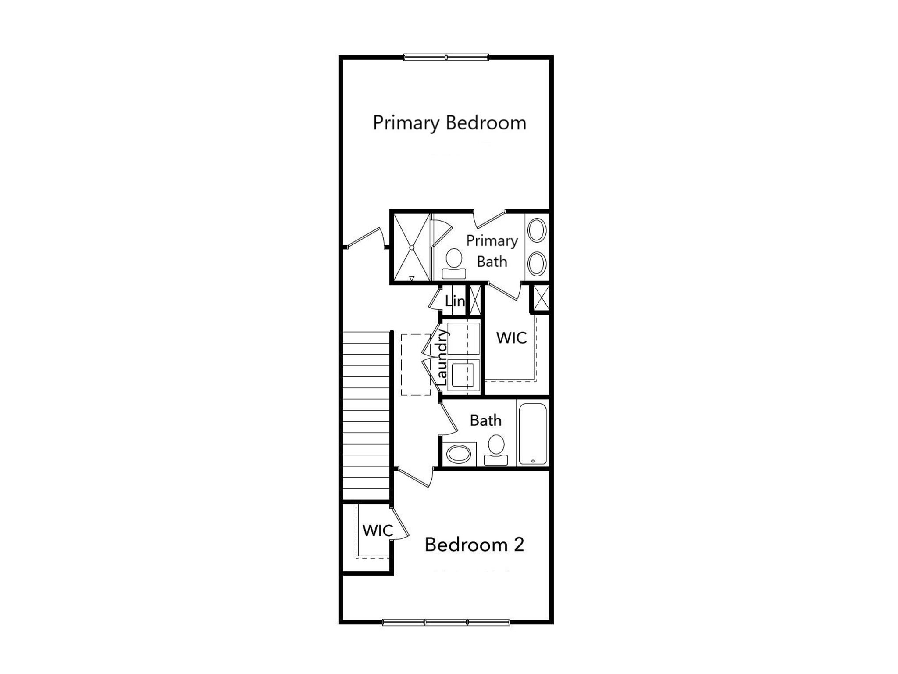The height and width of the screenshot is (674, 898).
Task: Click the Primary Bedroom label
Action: coord(449,123)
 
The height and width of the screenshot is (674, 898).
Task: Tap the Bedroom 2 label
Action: coord(474,545)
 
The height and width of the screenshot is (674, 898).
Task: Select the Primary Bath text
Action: coord(492,251)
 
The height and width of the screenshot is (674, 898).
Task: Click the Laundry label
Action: coord(442,358)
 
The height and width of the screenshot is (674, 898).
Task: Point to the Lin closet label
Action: coord(455,301)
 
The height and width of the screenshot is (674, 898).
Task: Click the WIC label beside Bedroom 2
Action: coord(378,531)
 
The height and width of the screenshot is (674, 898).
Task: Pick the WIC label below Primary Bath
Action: coord(511,338)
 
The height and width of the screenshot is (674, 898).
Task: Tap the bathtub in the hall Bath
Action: coord(533,434)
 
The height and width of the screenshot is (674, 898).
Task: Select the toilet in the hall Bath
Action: coord(496,450)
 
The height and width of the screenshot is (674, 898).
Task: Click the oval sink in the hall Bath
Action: coord(458,454)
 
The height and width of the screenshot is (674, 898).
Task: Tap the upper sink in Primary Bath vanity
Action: coord(537,230)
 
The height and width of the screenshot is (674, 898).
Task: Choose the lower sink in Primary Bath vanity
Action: coord(537,263)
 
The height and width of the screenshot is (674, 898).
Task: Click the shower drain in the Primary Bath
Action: coord(412,248)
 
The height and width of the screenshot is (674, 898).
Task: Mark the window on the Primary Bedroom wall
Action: coord(446,57)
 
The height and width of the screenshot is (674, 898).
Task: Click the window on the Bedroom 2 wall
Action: coord(446,622)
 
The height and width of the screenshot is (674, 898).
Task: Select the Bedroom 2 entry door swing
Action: coord(415,477)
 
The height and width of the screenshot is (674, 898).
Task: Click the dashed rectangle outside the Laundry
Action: coord(416,365)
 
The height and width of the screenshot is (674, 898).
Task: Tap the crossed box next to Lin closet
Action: coord(475,300)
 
